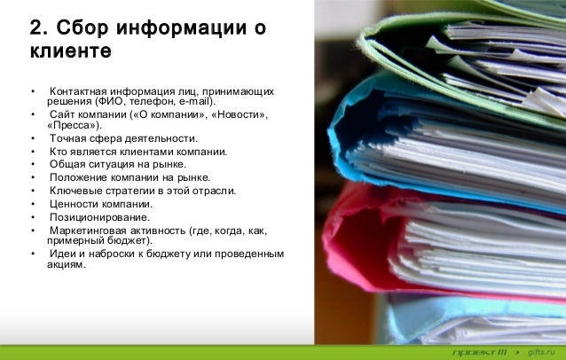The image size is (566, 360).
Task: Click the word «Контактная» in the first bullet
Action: click(81, 91)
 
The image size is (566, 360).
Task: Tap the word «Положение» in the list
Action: click(77, 177)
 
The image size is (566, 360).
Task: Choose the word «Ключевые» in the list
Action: click(75, 191)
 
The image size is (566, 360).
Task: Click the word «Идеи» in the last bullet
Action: click(61, 254)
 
